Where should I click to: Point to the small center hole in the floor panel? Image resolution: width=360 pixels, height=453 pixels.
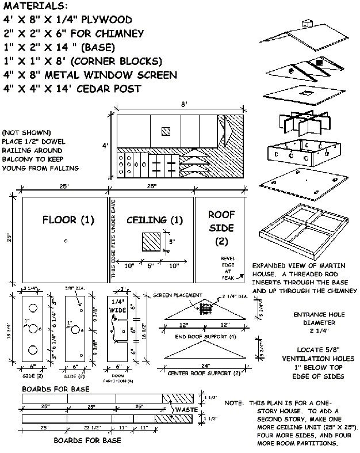pos(66,241)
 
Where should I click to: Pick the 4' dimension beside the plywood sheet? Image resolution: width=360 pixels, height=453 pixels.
pos(105,146)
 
